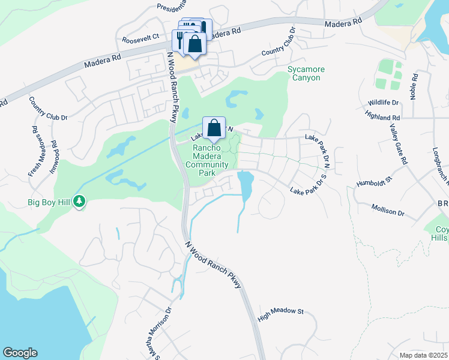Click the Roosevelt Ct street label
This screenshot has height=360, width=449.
tap(140, 36)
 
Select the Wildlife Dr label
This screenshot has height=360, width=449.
tap(384, 103)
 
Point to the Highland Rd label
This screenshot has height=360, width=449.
tap(385, 118)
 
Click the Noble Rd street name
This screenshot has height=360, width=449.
tap(414, 87)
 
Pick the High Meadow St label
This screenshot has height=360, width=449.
tap(282, 313)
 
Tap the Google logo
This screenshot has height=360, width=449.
tap(20, 353)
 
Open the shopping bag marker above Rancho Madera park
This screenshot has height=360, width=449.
tap(214, 127)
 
